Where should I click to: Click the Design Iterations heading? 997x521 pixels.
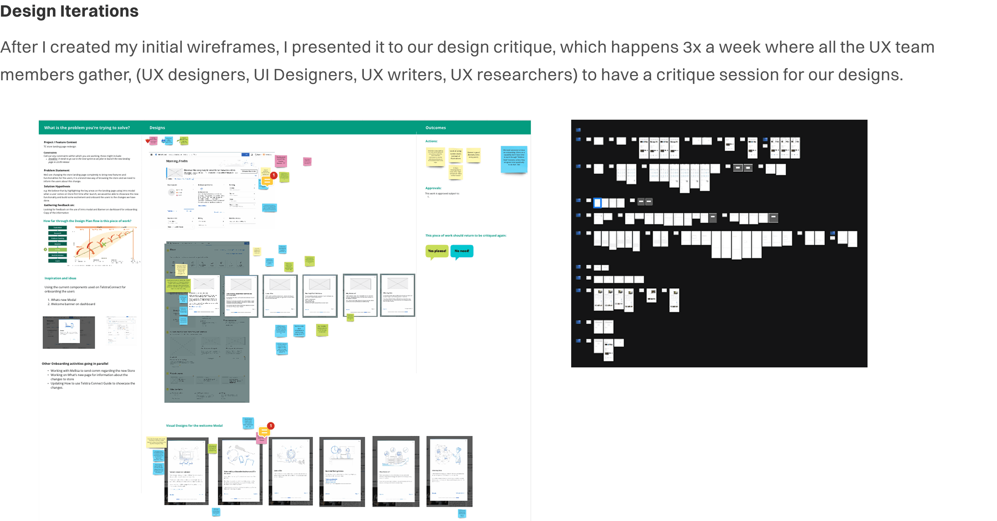(69, 11)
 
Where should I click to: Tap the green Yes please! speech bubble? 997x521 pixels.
(437, 251)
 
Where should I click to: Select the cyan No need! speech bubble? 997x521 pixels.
(461, 251)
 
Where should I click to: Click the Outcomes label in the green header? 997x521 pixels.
(435, 128)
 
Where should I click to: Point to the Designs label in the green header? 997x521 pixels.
(157, 128)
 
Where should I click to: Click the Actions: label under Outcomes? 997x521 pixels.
(431, 141)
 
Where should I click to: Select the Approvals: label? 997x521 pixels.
(433, 188)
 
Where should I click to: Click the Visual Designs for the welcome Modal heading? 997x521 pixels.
(194, 426)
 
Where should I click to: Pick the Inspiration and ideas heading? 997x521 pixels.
(60, 278)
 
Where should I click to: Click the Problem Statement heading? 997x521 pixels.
(56, 170)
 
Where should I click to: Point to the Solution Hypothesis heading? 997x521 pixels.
(57, 186)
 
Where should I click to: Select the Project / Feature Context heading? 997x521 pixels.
(60, 142)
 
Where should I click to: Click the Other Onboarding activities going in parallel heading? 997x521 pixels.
(75, 364)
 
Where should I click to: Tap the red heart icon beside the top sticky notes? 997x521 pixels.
(147, 141)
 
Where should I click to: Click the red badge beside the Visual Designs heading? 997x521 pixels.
(271, 426)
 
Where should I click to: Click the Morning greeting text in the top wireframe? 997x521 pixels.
(177, 161)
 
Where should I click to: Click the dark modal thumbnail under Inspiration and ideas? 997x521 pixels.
(69, 332)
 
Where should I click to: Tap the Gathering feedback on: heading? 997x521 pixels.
(59, 205)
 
